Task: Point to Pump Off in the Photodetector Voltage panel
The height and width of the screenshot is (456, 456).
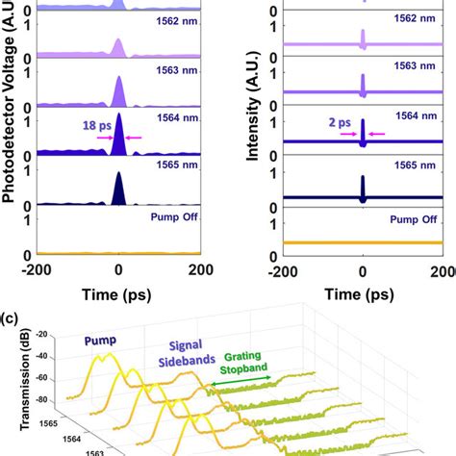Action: (167, 218)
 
